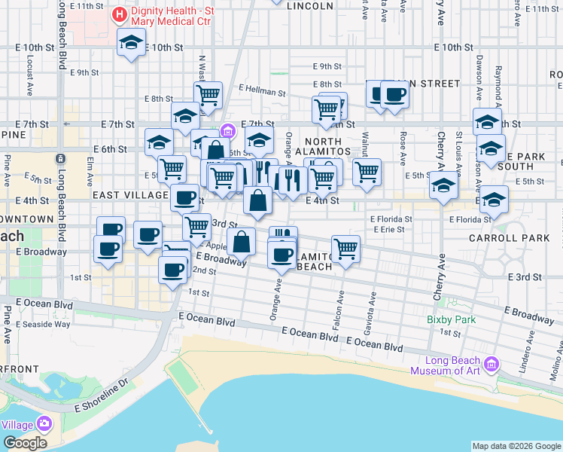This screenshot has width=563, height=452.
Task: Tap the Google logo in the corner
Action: [x=25, y=443]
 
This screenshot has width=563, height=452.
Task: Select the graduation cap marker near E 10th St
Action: [x=132, y=44]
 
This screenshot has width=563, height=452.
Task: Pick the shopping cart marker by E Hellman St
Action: [x=208, y=95]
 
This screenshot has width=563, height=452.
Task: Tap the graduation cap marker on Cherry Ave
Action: [x=444, y=185]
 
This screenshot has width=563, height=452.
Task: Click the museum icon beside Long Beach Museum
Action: [x=491, y=365]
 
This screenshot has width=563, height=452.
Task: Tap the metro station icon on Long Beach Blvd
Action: [x=60, y=160]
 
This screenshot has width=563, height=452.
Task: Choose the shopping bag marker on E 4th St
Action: [x=257, y=200]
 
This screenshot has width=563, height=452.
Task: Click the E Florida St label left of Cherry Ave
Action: [x=391, y=218]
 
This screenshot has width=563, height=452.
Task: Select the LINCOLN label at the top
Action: [x=310, y=5]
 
